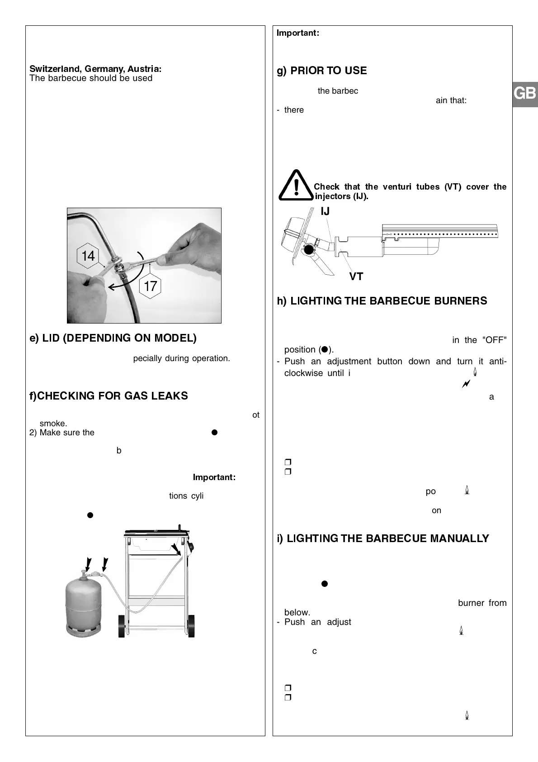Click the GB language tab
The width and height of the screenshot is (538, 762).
(x=525, y=94)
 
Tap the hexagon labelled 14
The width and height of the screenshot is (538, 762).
(x=88, y=256)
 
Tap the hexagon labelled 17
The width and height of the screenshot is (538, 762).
(x=150, y=286)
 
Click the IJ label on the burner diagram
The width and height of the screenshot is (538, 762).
(x=325, y=211)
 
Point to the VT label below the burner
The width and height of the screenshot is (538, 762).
(x=356, y=276)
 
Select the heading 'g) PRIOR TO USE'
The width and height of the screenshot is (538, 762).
(x=321, y=71)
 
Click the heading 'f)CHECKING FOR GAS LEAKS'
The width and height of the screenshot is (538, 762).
(x=109, y=396)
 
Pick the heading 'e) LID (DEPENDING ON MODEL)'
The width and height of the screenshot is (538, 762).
(x=113, y=338)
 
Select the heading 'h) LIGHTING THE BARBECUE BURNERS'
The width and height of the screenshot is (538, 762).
(x=382, y=301)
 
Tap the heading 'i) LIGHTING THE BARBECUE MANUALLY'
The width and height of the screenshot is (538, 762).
(x=383, y=538)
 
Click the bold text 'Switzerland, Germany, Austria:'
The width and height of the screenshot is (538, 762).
(x=95, y=69)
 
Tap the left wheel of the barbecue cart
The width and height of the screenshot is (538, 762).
(x=121, y=626)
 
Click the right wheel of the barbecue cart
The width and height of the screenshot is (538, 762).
(x=191, y=626)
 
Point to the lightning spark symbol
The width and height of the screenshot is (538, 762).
(x=466, y=384)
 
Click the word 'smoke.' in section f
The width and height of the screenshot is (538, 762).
(x=53, y=424)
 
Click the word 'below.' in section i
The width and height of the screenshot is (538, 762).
(x=297, y=613)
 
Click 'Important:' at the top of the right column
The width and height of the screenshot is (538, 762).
(x=298, y=33)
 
